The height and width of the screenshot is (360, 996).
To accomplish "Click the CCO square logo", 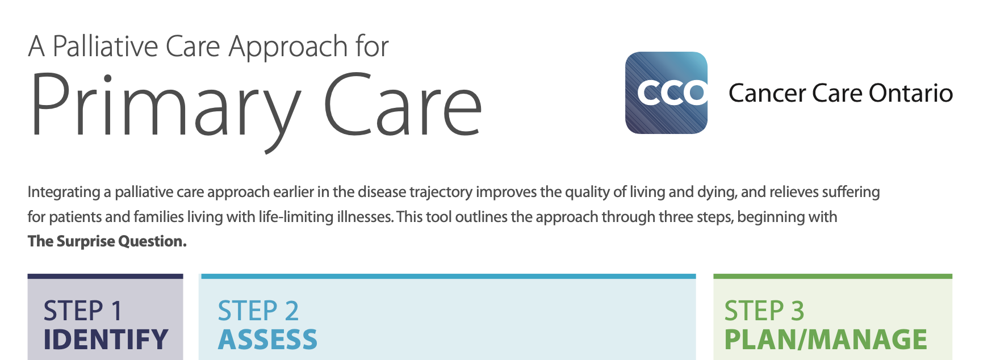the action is (x=666, y=93).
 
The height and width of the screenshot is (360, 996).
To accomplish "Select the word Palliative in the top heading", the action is (x=105, y=46).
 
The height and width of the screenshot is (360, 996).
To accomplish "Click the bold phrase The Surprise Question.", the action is (x=107, y=241).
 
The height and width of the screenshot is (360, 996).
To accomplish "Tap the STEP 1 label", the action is (x=83, y=311).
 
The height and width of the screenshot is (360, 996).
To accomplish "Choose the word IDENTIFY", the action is (x=106, y=340).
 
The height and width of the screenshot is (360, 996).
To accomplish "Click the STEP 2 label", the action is (x=258, y=311).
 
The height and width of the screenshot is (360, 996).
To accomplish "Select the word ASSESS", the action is (x=267, y=340).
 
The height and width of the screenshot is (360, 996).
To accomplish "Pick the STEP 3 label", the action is (x=764, y=311).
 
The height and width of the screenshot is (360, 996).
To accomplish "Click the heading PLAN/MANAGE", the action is (x=826, y=340).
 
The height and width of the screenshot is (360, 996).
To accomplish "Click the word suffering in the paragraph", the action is (x=853, y=192).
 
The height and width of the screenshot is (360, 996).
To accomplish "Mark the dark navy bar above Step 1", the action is (x=106, y=277).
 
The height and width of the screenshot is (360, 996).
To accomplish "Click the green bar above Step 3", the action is (x=833, y=277).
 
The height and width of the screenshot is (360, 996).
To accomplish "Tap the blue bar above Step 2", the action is (x=447, y=277).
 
